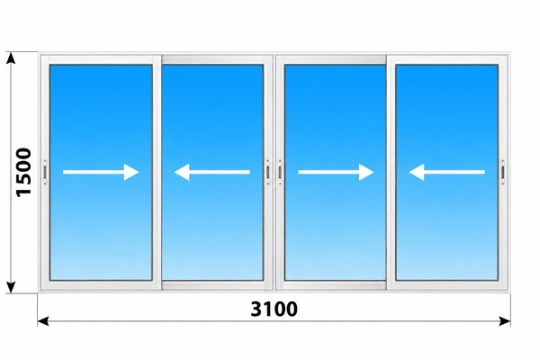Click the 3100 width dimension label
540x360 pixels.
[x=274, y=309]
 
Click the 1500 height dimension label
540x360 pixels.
[x=24, y=172]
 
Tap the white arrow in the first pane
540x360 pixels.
[x=101, y=172]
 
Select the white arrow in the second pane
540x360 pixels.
[x=212, y=172]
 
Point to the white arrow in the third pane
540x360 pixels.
[x=336, y=172]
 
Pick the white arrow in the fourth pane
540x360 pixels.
[x=446, y=172]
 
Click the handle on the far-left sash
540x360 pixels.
[x=45, y=172]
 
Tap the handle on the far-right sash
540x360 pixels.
[x=502, y=172]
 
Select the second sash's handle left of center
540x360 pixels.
[x=268, y=172]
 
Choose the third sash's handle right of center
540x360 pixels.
[x=280, y=172]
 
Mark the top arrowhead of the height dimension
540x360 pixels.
[x=11, y=58]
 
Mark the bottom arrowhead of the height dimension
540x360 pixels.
[x=11, y=287]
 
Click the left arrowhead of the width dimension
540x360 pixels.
[x=43, y=321]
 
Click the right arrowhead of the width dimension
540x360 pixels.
[x=505, y=321]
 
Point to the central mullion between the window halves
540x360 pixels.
[x=274, y=172]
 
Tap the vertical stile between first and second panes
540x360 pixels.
[x=157, y=172]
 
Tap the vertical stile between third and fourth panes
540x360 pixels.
[x=391, y=172]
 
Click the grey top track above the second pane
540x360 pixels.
[x=212, y=59]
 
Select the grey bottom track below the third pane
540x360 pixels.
[x=336, y=285]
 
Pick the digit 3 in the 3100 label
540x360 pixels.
[x=256, y=309]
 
